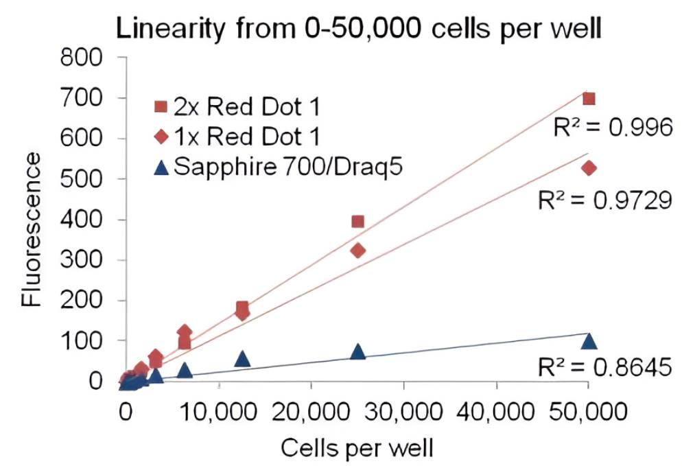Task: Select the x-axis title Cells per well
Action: click(x=356, y=449)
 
